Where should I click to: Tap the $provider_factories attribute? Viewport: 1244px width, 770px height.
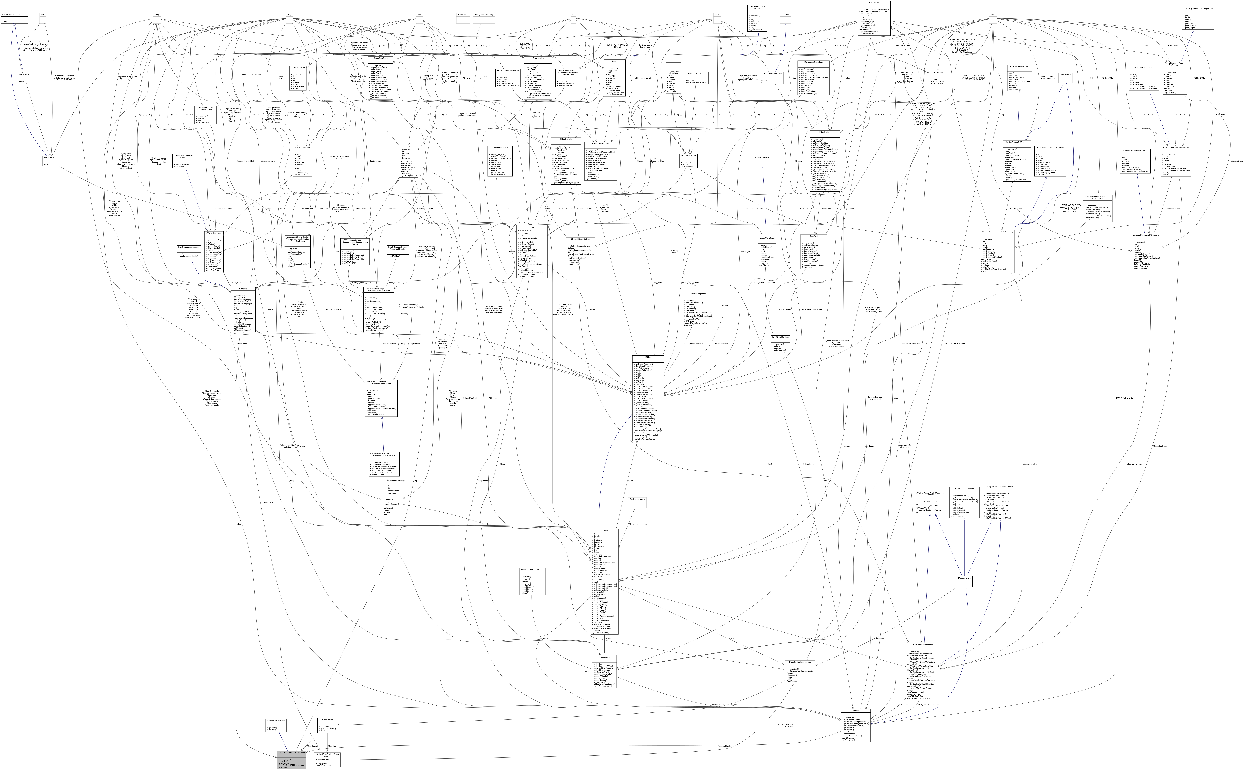coord(325,759)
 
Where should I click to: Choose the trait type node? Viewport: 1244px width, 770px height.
coord(43,15)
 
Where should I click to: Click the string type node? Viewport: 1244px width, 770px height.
coord(157,15)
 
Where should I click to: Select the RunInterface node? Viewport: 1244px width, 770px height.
coord(462,15)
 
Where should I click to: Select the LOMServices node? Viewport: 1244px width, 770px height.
coord(724,306)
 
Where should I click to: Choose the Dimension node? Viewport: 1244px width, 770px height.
coord(256,74)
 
